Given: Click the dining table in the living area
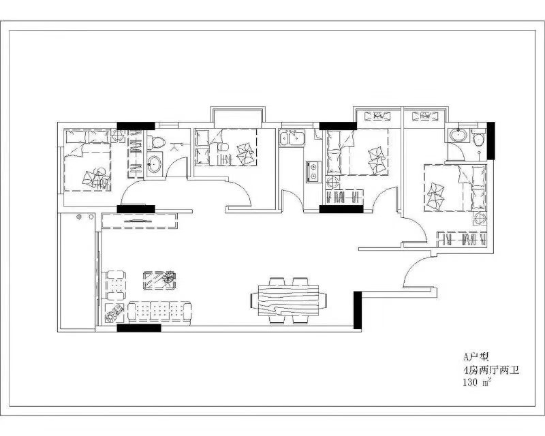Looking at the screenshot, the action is (288, 300).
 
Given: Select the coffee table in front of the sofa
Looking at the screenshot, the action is (159, 280).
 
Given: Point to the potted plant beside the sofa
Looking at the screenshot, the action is (114, 313).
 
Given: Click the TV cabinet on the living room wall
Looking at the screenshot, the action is (140, 221).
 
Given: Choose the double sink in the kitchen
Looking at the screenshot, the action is (292, 138).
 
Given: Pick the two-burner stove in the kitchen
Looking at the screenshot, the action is (312, 172).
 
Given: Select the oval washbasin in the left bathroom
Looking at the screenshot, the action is (154, 164).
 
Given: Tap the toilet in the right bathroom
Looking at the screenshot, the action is (479, 138).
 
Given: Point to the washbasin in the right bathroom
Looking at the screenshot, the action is (458, 135).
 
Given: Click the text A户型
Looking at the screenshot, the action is (476, 357).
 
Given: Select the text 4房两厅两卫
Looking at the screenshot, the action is (490, 370).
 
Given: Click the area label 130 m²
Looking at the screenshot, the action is (477, 382).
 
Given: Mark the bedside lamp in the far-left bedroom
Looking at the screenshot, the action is (118, 136).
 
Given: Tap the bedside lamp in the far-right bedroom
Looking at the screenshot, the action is (480, 219).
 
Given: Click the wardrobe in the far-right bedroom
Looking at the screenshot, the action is (462, 239).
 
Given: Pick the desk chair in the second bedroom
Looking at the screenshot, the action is (223, 147).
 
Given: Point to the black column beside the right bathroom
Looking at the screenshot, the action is (490, 140).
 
